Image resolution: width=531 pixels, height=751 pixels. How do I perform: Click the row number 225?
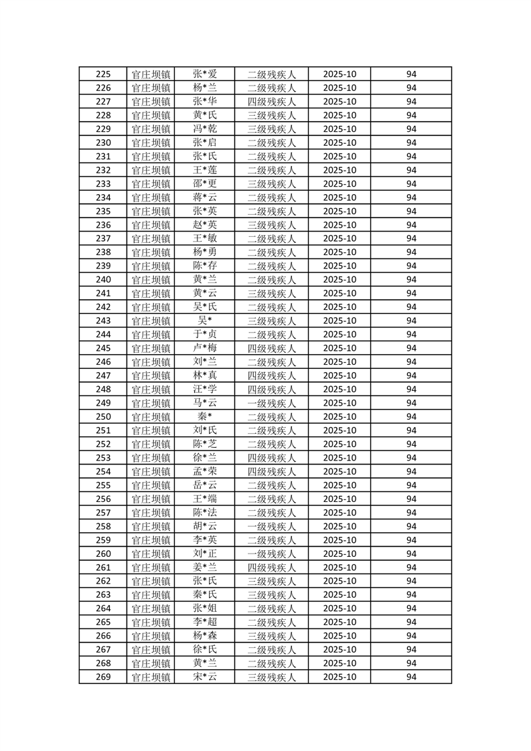103,74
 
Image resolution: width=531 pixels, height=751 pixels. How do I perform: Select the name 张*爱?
205,74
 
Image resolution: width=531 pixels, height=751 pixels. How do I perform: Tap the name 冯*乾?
205,129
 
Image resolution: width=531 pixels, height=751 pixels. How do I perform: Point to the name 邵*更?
205,184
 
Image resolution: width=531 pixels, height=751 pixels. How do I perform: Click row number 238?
103,252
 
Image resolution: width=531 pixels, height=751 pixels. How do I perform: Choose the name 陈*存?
205,266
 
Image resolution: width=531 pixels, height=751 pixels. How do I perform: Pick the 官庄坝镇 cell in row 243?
151,321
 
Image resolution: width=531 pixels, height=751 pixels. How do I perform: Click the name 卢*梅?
205,348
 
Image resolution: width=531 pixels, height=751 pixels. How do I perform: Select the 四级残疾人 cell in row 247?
272,375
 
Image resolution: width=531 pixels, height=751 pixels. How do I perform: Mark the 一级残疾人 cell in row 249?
272,403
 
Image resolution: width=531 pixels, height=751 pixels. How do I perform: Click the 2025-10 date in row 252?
339,444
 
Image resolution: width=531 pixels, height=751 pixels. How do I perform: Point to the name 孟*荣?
205,471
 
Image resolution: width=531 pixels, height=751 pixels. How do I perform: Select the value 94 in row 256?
411,499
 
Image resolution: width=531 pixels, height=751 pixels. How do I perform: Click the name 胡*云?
205,526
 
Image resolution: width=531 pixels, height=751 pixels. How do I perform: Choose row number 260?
103,554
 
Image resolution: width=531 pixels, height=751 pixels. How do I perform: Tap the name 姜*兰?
205,567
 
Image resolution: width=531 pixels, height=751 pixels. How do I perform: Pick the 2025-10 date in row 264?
339,608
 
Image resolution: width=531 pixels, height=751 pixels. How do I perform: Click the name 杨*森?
205,636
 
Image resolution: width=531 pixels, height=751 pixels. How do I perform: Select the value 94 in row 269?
411,677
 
